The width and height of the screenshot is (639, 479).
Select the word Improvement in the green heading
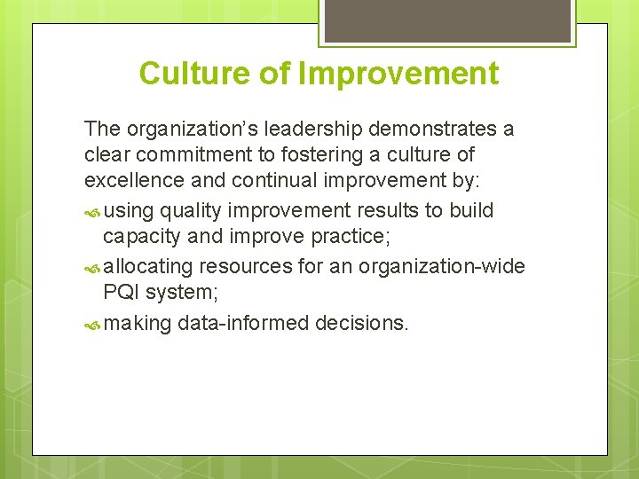pyautogui.click(x=398, y=74)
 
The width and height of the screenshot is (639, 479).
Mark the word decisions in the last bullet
pyautogui.click(x=362, y=324)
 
